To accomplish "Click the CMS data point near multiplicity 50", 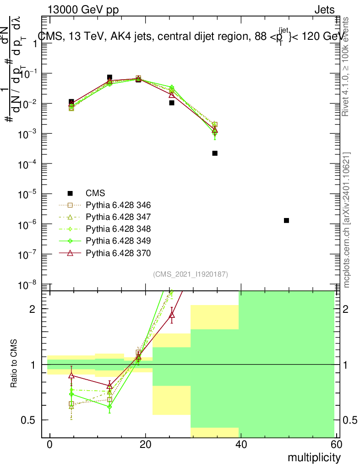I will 286,220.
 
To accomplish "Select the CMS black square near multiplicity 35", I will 215,153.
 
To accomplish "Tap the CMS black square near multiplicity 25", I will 172,103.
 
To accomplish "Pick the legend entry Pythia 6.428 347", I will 118,217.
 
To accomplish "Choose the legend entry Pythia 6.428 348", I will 118,229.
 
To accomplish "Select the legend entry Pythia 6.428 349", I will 118,240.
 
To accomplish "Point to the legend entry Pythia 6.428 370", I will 118,252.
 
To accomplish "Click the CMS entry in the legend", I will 95,193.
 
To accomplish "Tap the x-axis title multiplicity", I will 314,457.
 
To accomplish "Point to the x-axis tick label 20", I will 145,445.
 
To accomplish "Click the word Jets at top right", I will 324,10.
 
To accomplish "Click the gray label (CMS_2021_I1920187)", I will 191,274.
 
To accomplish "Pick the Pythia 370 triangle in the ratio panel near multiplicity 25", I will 172,315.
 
